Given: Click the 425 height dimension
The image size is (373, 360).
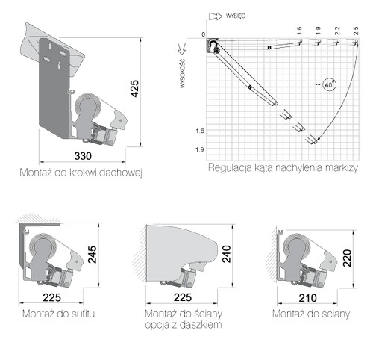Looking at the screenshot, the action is (x=135, y=88).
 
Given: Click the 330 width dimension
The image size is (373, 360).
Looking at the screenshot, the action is (x=83, y=156).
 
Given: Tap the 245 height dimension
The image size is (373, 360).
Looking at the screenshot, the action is (x=93, y=255).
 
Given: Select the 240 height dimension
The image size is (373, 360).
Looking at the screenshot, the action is (x=227, y=254).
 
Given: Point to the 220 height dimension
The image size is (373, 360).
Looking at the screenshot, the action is (x=348, y=258).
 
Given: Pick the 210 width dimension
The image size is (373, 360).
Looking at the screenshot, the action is (x=307, y=298).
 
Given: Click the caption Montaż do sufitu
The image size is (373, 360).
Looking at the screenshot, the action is (x=58, y=314).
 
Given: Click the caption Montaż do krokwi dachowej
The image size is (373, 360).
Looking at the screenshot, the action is (x=81, y=173).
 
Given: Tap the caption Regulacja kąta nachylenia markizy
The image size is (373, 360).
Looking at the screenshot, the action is (x=283, y=167).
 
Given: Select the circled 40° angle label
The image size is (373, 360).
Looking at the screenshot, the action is (x=329, y=84).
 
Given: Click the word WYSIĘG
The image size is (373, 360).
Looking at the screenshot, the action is (x=236, y=16).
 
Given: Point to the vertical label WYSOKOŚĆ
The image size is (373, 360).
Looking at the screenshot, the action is (x=183, y=73).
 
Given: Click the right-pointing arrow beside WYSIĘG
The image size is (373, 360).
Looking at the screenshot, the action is (x=216, y=16).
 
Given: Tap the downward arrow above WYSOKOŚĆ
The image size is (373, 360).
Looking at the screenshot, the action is (x=182, y=49).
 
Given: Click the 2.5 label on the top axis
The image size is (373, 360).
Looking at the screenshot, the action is (x=356, y=31).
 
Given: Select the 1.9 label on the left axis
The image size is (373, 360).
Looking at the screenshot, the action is (x=200, y=149).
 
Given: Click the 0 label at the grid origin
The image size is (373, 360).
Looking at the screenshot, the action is (x=204, y=34).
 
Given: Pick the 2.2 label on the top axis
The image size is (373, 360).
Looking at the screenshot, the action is (x=337, y=31).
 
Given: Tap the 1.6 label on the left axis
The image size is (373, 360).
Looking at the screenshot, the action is (x=200, y=131).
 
